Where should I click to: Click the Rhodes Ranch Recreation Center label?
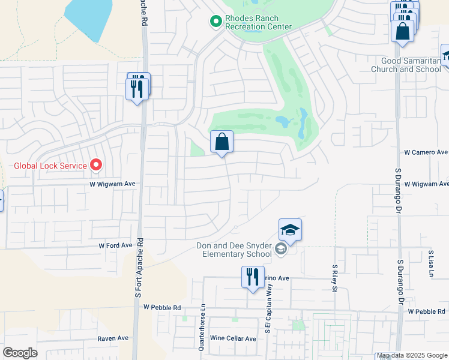point(258,22)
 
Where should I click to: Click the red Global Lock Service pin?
point(95,164)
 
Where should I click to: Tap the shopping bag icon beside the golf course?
point(221,143)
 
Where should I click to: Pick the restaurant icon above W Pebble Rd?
point(252,277)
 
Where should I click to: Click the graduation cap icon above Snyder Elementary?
point(289,230)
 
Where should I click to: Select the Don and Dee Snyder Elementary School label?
point(235,249)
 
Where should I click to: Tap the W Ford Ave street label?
point(115,246)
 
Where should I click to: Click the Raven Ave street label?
point(113,338)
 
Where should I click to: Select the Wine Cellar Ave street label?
point(234,338)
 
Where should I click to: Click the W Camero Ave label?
point(426,152)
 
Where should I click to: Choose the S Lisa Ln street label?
point(430,264)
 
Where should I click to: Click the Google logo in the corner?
point(20,353)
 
